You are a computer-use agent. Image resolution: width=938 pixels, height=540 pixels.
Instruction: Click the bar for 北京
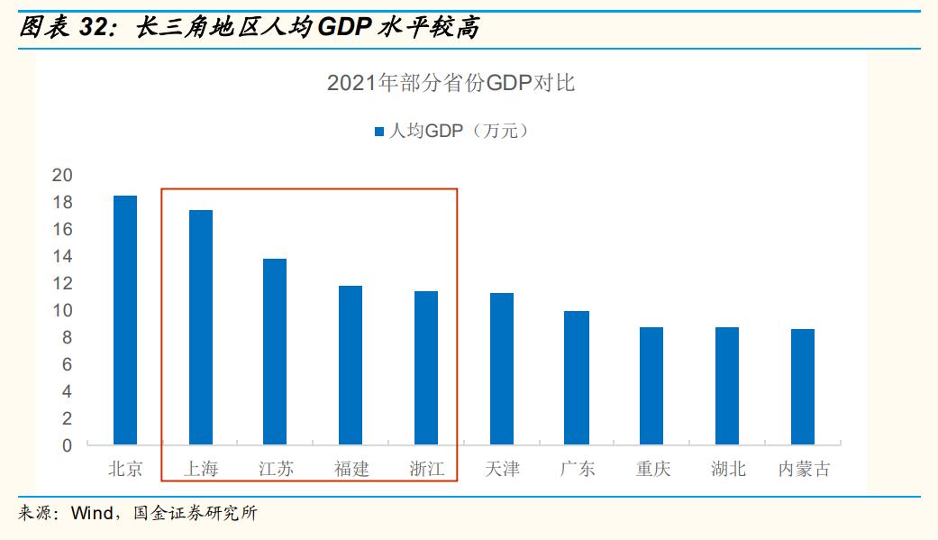[125, 320]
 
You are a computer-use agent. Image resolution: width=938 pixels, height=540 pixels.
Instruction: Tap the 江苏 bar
[275, 352]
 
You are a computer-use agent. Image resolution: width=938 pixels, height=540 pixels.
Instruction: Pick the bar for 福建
[351, 365]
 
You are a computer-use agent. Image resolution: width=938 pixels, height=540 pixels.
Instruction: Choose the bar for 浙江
[426, 368]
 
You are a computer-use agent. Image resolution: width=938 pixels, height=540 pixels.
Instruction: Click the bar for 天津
[502, 369]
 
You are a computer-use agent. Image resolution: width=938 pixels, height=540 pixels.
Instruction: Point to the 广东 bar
[577, 378]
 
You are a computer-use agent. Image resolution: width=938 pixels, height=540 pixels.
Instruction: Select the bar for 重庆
[651, 386]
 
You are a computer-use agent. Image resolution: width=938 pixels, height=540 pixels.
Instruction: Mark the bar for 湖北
[727, 386]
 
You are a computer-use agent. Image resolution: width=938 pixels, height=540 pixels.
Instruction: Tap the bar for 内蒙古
[803, 387]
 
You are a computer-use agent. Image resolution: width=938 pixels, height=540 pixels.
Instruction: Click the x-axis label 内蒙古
[804, 470]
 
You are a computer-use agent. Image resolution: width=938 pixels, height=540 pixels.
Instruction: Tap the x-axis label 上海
[201, 470]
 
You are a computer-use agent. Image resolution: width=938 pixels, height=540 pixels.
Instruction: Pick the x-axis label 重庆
[652, 470]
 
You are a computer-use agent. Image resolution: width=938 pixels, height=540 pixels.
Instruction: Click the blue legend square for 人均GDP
[379, 132]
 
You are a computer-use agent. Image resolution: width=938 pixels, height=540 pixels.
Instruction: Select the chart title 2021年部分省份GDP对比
[451, 84]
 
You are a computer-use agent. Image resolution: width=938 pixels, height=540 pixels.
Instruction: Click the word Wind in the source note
[91, 515]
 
